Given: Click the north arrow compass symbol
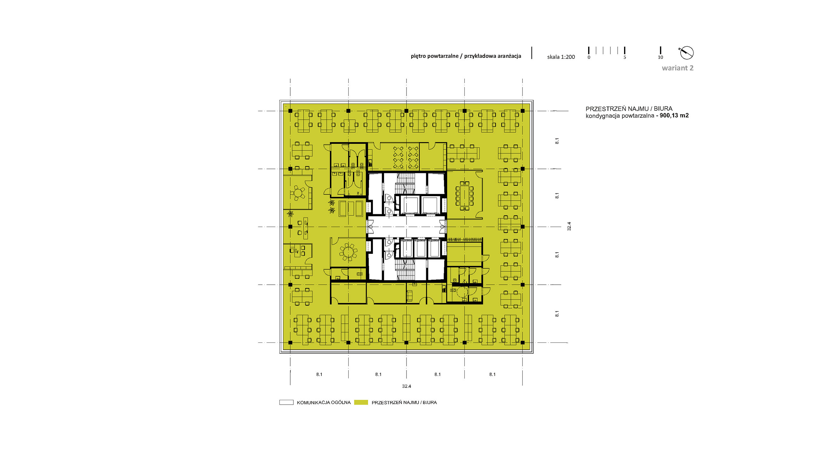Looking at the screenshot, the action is point(686,53).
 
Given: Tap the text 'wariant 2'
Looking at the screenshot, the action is point(678,68).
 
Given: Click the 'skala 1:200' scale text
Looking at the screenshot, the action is point(561,57).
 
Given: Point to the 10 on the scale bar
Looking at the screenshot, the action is point(661,57).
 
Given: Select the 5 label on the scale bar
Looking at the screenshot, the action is point(625,57).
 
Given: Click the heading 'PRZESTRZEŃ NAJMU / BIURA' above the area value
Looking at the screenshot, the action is point(629,109).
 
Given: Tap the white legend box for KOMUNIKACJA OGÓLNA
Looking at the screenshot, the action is point(286,402).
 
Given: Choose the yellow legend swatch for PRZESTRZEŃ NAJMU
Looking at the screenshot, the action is point(361,402).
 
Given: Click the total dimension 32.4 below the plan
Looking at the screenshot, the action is point(406,386).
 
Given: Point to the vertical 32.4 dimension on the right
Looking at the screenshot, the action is point(569,226).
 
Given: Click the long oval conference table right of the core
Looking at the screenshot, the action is point(465,196).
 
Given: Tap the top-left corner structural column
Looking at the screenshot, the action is point(290,111).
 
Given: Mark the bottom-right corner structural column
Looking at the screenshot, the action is point(523,342).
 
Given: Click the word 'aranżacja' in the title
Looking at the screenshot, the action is point(509,56).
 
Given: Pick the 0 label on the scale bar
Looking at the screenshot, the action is point(589,57).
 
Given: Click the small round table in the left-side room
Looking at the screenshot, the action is point(76,193).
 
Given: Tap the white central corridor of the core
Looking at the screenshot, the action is point(406,227).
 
